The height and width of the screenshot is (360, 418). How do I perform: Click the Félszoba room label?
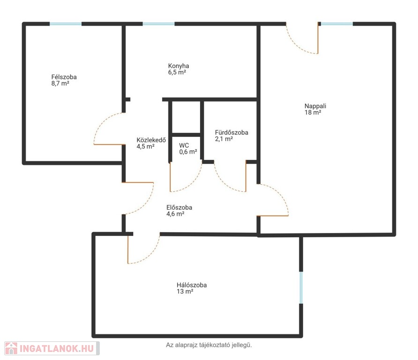[64, 77]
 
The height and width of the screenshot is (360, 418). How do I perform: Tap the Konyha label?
[179, 66]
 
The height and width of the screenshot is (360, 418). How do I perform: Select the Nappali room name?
[315, 106]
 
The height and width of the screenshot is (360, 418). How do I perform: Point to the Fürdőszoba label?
[231, 132]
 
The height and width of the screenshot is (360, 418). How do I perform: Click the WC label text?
[184, 145]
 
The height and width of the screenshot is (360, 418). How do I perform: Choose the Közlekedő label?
[151, 140]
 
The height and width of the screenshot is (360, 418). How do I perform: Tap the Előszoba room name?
[179, 207]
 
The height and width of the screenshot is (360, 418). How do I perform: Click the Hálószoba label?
[192, 285]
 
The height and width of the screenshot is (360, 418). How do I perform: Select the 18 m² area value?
[313, 112]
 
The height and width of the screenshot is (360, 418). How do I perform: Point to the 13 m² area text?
[185, 292]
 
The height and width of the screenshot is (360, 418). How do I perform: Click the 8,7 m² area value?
[60, 83]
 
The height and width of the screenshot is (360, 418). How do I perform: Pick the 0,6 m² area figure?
[188, 152]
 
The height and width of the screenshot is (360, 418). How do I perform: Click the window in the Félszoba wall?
[66, 24]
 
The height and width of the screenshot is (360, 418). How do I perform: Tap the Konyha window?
[158, 24]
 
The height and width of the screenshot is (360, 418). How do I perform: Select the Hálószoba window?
[301, 287]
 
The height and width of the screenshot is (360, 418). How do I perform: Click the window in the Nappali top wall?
[337, 24]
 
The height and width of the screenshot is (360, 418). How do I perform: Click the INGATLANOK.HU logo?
[52, 348]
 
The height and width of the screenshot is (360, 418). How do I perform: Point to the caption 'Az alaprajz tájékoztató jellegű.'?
[209, 345]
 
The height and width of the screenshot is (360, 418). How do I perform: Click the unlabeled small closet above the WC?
[186, 117]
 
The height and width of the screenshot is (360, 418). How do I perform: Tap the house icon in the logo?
[11, 348]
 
